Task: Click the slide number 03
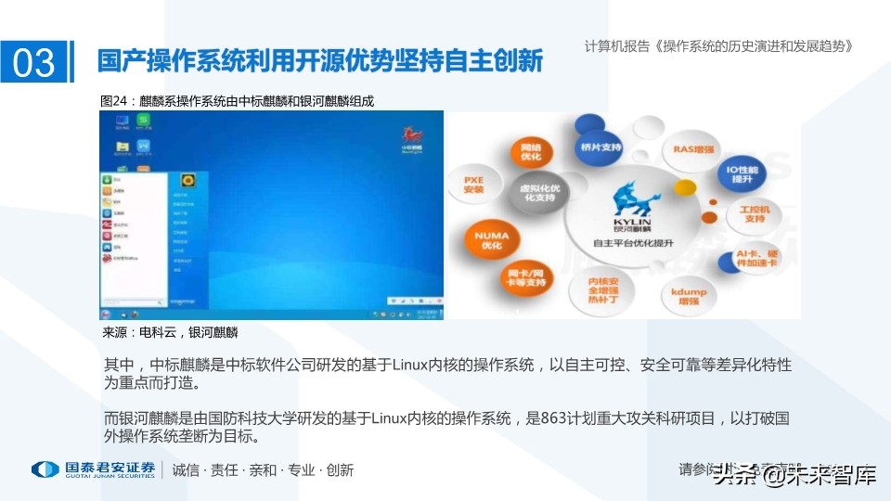pos(34,62)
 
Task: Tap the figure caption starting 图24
pos(237,100)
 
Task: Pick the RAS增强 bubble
pos(691,148)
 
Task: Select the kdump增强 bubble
pos(688,297)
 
